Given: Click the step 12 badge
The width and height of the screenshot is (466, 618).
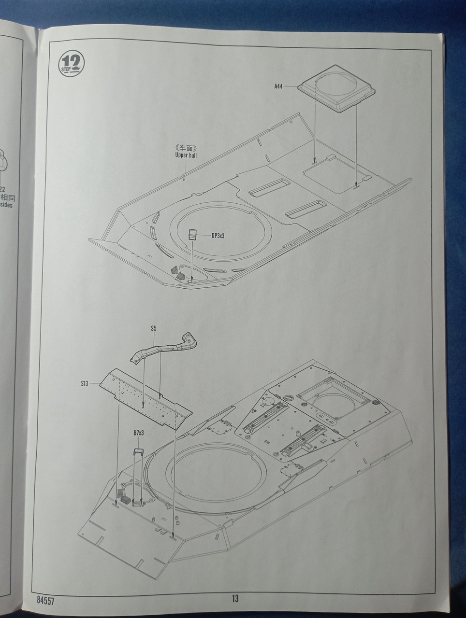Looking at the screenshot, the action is click(x=72, y=63).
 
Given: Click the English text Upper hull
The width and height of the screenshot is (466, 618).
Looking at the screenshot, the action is click(x=186, y=155).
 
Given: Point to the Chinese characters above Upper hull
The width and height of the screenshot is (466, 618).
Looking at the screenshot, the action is click(x=186, y=148).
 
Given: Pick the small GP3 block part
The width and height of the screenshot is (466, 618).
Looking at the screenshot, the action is click(x=193, y=235).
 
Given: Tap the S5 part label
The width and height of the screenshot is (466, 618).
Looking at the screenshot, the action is click(x=154, y=328).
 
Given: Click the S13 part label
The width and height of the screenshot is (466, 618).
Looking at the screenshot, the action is click(x=85, y=384).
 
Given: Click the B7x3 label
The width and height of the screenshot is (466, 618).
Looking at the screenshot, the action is click(x=139, y=433).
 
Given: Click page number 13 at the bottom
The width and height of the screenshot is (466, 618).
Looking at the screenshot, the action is click(x=234, y=599).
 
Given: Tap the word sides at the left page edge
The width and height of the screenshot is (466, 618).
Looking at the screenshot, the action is click(x=6, y=205).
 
